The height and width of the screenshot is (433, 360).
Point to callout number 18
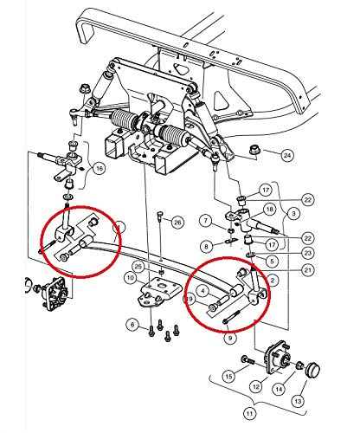coord(271,209)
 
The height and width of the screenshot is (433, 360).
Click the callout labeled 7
coord(205,222)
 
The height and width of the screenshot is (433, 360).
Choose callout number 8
coord(205,247)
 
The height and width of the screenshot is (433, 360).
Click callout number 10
coord(129,278)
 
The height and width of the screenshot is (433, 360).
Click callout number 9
coord(228,339)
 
